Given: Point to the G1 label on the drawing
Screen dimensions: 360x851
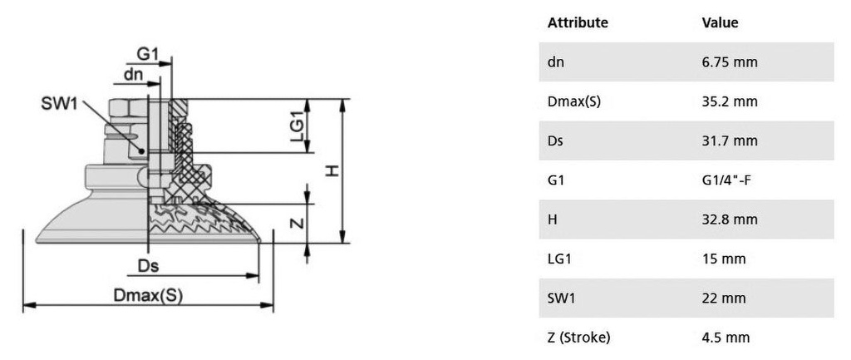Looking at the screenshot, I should [x=148, y=53].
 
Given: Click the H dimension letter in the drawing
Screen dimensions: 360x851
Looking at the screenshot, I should [x=332, y=171].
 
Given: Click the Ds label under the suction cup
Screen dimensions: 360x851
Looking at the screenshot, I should [x=149, y=266].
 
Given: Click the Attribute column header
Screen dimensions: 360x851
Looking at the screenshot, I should [x=578, y=22].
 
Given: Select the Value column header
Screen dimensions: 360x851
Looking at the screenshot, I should [x=720, y=22].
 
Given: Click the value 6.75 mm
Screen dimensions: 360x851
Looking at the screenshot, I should [x=730, y=62].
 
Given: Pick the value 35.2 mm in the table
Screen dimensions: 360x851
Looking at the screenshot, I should [x=730, y=101].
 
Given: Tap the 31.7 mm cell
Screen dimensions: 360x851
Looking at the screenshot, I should [x=730, y=141].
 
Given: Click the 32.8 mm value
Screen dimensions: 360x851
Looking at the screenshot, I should [x=730, y=219].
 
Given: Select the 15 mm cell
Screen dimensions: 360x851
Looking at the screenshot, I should [x=724, y=259].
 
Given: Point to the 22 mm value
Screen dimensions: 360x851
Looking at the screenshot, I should [x=724, y=298].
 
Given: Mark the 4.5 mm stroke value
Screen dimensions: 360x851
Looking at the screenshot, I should [x=726, y=337].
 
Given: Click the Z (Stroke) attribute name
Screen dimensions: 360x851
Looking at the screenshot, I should [x=578, y=337].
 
